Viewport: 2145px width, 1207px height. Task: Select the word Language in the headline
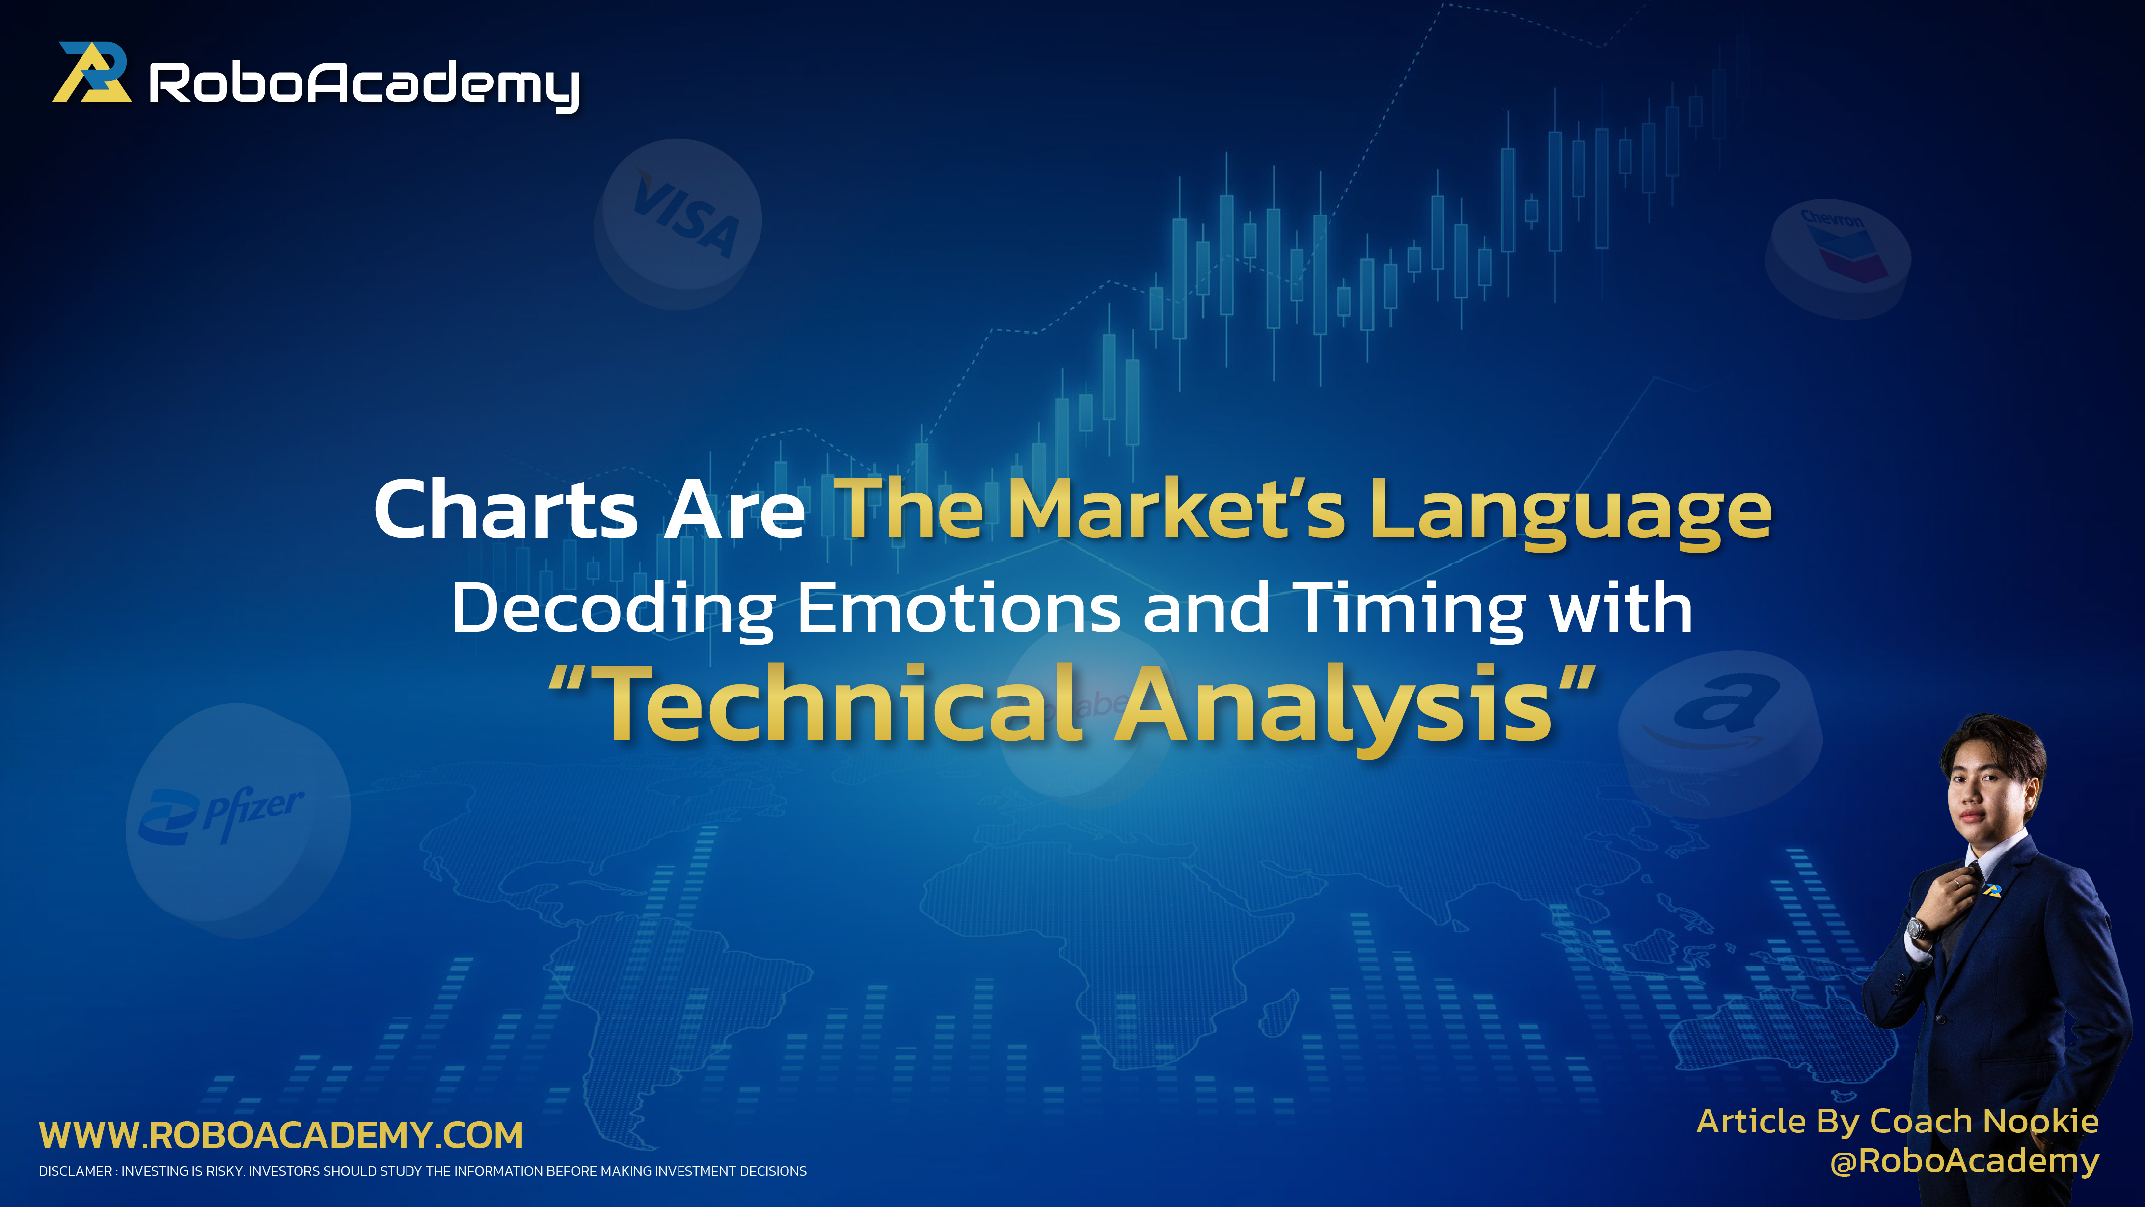click(1571, 511)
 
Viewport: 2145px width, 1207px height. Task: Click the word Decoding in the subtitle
click(613, 609)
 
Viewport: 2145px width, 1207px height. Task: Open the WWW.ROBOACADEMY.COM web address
click(281, 1135)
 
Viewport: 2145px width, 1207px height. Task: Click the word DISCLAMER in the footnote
click(75, 1171)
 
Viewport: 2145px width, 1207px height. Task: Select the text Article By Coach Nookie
click(1897, 1121)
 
